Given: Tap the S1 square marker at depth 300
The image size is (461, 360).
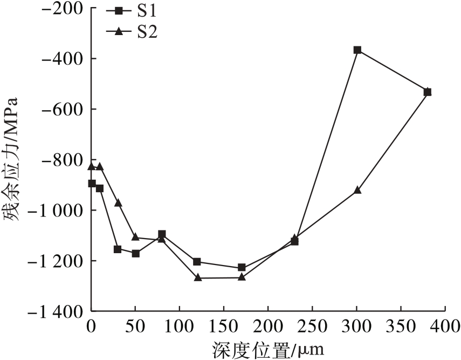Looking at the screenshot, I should point(357,50).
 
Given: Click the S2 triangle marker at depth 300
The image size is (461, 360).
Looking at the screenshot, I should point(357,190).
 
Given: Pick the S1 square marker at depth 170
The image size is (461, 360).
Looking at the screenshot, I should point(242,267).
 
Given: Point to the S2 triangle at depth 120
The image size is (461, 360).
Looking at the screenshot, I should point(197,277).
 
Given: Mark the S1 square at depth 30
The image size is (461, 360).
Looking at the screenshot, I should point(118,249).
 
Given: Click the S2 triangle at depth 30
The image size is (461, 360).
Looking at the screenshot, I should point(118,203).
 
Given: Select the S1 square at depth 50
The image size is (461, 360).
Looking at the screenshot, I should point(135,253).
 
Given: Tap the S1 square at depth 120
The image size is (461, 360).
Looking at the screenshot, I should point(197,262).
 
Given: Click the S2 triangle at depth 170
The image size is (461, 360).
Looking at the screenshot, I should point(242,277).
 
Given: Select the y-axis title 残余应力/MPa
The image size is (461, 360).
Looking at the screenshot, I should point(12,160).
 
